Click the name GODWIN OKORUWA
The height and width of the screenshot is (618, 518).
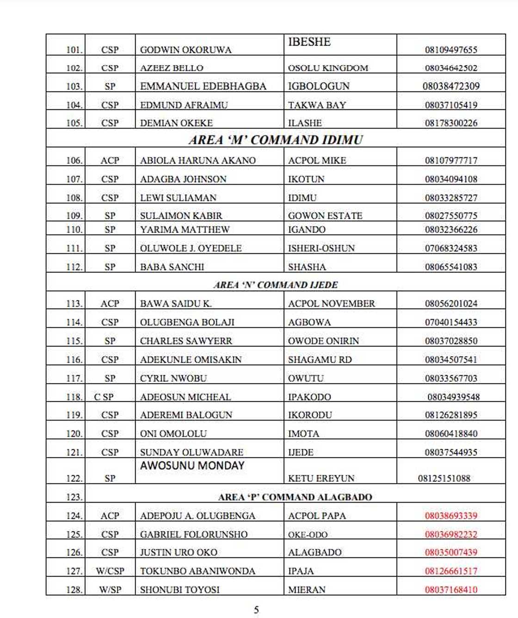tap(185, 50)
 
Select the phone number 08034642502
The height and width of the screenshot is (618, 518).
tap(451, 68)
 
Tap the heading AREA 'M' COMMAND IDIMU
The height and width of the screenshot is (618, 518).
tap(276, 139)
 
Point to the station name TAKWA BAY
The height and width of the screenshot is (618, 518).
tap(317, 105)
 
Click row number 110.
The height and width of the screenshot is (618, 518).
tap(74, 230)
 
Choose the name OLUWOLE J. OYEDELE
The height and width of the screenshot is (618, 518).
tap(191, 248)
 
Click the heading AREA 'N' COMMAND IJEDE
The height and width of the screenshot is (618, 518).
tap(276, 285)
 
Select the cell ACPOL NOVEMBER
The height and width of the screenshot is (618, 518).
tap(331, 304)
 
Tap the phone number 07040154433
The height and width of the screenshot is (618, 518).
tap(451, 322)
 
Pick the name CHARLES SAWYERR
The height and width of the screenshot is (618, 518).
tap(186, 341)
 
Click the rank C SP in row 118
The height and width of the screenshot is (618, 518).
tap(104, 397)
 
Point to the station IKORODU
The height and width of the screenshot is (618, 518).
tap(310, 415)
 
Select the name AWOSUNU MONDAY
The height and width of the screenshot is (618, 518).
tap(192, 466)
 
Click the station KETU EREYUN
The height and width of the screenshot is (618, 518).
tap(321, 478)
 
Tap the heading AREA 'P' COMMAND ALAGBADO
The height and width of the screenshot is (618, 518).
tap(295, 497)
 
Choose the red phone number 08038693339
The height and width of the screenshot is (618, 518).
tap(451, 516)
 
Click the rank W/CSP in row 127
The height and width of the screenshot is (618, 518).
tap(110, 571)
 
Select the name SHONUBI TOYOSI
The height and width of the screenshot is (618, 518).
tap(180, 590)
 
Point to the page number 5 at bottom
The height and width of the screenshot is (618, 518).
tap(257, 610)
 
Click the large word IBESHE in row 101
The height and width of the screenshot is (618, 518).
tap(309, 42)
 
